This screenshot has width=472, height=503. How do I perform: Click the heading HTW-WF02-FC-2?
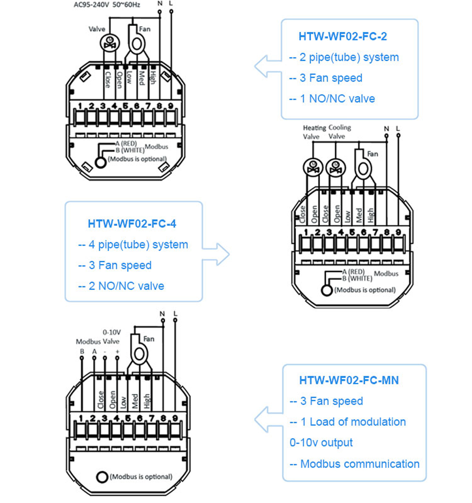click(343, 36)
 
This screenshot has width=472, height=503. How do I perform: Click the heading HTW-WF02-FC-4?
click(132, 223)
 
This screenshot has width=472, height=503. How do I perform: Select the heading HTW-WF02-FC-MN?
click(349, 380)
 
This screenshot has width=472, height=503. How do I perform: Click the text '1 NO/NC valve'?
click(332, 99)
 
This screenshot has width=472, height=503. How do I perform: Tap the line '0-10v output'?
click(321, 443)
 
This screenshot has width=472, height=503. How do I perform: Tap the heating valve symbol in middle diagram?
click(312, 167)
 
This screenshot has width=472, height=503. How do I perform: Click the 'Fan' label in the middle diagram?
click(372, 154)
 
